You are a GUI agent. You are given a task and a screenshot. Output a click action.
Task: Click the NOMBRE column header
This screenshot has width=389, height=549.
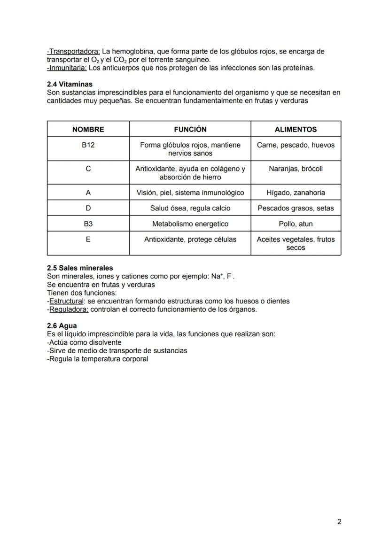[x=88, y=129]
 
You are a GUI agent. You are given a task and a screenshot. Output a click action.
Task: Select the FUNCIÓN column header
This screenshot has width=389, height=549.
[x=190, y=129]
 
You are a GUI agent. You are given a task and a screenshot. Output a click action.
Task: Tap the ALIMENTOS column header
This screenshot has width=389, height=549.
[x=296, y=129]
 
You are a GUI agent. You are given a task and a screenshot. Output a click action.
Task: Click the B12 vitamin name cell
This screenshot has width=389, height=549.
[x=88, y=145]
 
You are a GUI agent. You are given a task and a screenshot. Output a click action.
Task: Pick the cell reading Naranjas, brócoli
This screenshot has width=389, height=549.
[x=296, y=169]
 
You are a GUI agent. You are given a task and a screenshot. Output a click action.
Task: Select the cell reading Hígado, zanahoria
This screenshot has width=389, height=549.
[x=296, y=193]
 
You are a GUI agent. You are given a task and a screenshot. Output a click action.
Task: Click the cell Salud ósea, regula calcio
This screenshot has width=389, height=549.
[x=190, y=208]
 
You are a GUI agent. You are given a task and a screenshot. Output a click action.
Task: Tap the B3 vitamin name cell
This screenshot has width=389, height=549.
[x=88, y=224]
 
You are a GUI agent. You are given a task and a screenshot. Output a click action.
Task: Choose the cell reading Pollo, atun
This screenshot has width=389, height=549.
[x=296, y=224]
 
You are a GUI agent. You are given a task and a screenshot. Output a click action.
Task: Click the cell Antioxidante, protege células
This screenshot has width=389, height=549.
[x=190, y=240]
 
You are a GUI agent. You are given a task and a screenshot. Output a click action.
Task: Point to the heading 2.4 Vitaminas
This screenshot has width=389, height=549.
[x=70, y=85]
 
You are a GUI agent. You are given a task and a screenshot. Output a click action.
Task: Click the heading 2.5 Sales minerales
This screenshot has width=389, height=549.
[x=80, y=268]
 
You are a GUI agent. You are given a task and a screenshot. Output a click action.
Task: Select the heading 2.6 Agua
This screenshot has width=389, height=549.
[x=62, y=325]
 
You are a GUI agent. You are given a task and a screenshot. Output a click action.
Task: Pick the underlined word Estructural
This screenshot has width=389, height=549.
[x=66, y=301]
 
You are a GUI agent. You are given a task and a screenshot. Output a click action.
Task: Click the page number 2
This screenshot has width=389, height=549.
[x=339, y=522]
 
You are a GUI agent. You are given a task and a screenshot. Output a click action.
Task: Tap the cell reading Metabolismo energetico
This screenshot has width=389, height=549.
[x=190, y=224]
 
